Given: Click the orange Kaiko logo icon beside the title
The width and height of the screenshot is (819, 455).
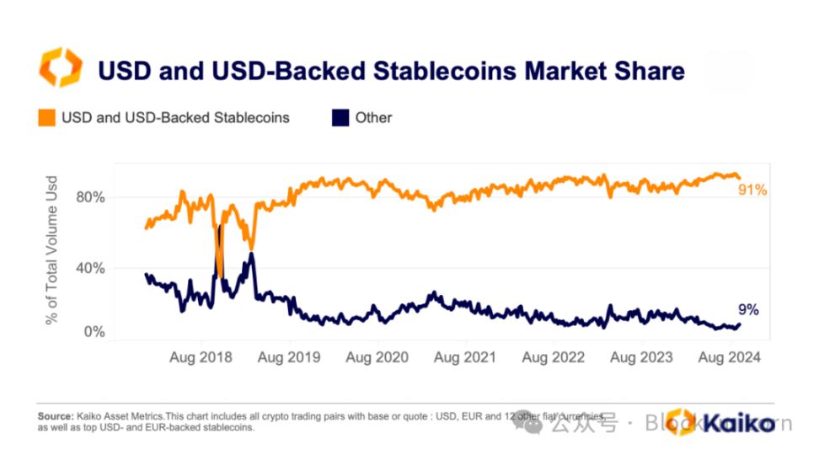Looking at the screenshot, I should [x=62, y=68].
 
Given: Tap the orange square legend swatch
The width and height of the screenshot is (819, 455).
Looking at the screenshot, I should [x=47, y=118].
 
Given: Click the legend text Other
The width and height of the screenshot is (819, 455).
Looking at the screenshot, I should [x=373, y=118].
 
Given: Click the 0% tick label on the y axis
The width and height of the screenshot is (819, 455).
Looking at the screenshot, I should [x=94, y=332].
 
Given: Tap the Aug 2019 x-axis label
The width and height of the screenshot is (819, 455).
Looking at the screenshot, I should [x=289, y=357].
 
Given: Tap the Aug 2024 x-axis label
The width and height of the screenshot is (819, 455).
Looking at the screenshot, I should [x=730, y=357].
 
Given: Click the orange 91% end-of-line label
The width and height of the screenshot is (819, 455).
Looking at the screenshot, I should [x=752, y=190].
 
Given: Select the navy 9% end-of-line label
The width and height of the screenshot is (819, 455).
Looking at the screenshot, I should [x=749, y=309].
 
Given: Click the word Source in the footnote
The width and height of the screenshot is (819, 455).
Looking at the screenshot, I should [x=56, y=416].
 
